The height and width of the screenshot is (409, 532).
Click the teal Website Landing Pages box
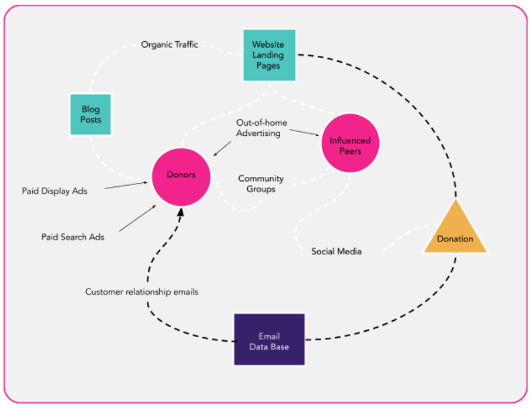click(x=269, y=55)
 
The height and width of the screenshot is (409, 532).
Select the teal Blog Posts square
click(x=91, y=114)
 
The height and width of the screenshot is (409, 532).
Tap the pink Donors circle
click(x=181, y=175)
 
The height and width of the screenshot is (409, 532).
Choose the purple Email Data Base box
click(x=269, y=340)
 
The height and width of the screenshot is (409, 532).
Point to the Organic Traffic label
click(x=169, y=45)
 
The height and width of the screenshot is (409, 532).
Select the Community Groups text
click(x=261, y=184)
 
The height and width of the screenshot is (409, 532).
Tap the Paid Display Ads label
click(x=54, y=190)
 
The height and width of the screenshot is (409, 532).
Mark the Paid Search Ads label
click(x=73, y=237)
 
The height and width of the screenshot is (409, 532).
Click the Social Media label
click(x=336, y=251)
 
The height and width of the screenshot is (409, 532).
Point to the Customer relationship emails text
click(x=142, y=292)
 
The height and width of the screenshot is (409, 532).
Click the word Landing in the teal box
click(x=269, y=55)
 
